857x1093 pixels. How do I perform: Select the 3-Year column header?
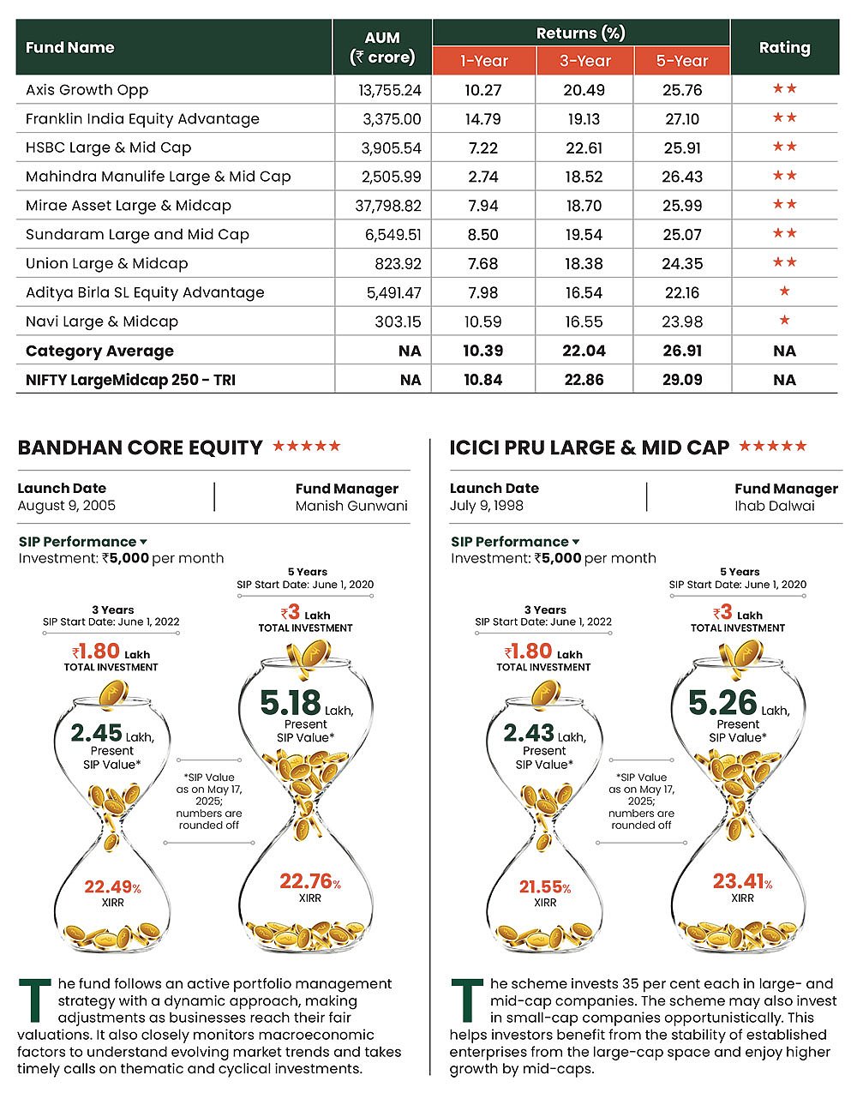click(x=584, y=61)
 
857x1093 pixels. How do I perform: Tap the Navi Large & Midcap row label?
click(x=102, y=321)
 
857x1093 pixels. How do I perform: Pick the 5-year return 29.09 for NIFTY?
click(x=682, y=380)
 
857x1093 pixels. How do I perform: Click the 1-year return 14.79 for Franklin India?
click(x=483, y=119)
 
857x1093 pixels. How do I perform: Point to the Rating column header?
click(x=784, y=48)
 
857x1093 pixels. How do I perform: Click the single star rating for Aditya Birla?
click(x=784, y=292)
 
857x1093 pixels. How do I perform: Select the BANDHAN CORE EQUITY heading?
click(x=140, y=447)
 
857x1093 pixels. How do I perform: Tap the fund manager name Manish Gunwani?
click(x=351, y=506)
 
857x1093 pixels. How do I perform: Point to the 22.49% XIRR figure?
click(x=112, y=887)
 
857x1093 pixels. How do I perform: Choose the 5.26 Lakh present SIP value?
click(x=724, y=704)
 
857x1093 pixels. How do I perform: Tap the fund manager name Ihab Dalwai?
click(x=775, y=506)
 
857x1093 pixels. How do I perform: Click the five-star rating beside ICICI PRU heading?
click(x=773, y=447)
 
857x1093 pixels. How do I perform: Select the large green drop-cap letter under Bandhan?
click(x=35, y=1000)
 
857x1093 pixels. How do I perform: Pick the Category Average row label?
click(x=99, y=351)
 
